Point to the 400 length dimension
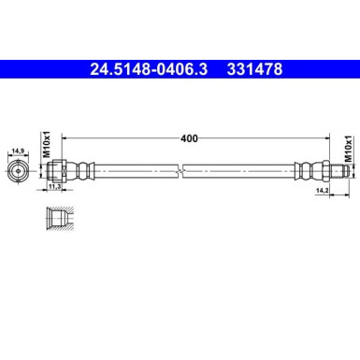tap(190, 138)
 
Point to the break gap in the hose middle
tap(185, 171)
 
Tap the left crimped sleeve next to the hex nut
tap(83, 171)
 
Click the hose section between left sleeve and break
tap(136, 171)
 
